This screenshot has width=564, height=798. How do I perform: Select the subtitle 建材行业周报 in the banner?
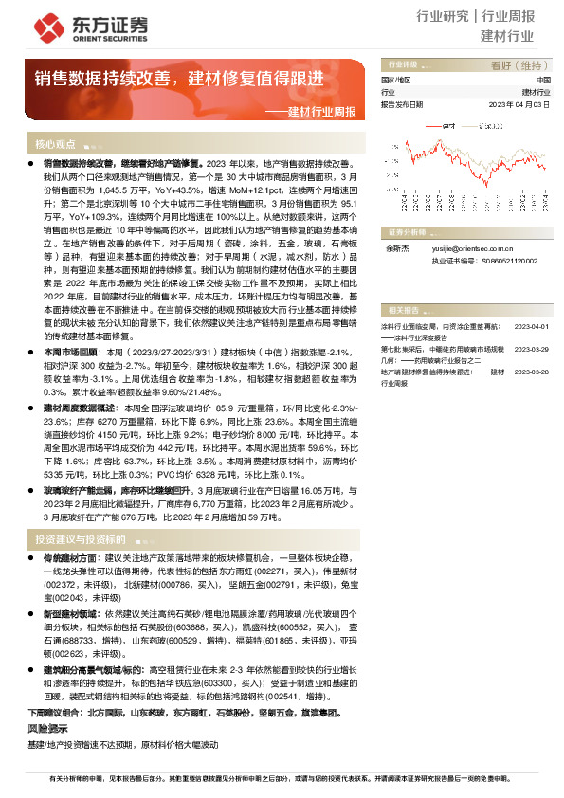pos(322,111)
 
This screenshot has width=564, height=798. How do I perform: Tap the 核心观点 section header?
pos(55,145)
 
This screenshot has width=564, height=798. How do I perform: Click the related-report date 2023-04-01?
pos(532,325)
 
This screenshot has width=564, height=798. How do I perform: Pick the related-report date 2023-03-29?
pos(532,349)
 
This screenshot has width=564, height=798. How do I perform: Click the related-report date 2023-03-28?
pos(532,372)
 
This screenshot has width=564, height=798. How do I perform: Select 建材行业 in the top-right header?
pos(507,38)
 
